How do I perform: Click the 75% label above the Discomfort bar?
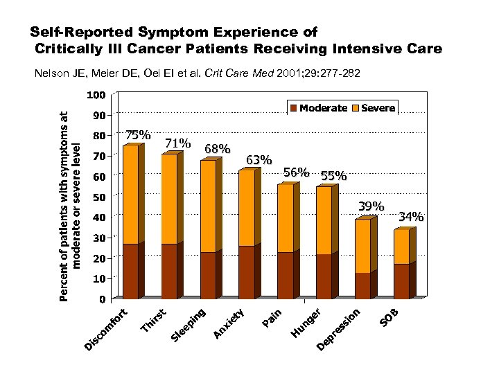(x=137, y=135)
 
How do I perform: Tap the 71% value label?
(x=177, y=143)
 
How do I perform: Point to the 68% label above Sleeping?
(x=218, y=149)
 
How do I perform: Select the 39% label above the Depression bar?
(x=371, y=207)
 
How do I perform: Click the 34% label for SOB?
(x=411, y=217)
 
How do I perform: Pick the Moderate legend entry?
(x=318, y=108)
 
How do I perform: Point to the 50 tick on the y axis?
(x=98, y=197)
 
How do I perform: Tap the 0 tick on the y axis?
(x=101, y=299)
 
